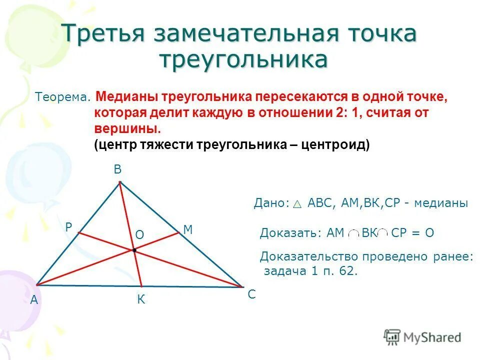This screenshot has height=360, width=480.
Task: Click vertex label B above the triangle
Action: point(117,170)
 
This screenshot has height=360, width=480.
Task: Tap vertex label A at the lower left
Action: point(34,300)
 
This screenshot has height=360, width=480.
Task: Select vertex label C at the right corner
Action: point(251,295)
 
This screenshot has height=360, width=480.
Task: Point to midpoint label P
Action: point(68,227)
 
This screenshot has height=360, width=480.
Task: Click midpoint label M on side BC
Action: point(188,230)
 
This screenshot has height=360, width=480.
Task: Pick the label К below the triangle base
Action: point(141,300)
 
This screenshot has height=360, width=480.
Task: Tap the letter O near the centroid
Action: point(139,234)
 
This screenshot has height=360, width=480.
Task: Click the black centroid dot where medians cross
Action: point(134,249)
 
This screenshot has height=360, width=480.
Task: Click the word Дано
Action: point(271,203)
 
